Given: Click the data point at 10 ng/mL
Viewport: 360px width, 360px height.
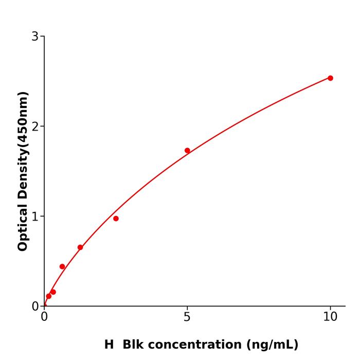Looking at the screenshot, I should tap(330, 78).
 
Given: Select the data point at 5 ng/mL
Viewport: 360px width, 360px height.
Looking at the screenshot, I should tap(187, 151).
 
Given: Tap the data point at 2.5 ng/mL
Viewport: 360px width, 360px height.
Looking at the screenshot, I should tap(116, 219).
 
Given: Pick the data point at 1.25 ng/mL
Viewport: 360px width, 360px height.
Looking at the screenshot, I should tap(80, 247).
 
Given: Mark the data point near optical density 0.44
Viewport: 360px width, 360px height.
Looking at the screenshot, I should tap(62, 266).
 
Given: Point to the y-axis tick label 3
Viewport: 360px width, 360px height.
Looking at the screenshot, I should tap(35, 37).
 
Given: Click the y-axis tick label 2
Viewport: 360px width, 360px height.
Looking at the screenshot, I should tap(35, 127).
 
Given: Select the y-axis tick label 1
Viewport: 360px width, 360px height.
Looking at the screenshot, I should tap(35, 217).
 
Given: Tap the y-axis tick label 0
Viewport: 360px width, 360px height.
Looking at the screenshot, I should tap(35, 307).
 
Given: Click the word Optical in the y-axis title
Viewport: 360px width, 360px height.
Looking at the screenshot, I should tap(23, 226).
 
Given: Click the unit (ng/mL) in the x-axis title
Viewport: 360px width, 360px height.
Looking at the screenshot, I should tap(273, 345).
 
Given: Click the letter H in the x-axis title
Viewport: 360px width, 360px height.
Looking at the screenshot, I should tap(109, 345).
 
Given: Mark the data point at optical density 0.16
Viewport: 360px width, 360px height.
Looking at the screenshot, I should tap(53, 292).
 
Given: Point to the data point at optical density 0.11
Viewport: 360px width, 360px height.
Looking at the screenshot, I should tap(48, 296).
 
